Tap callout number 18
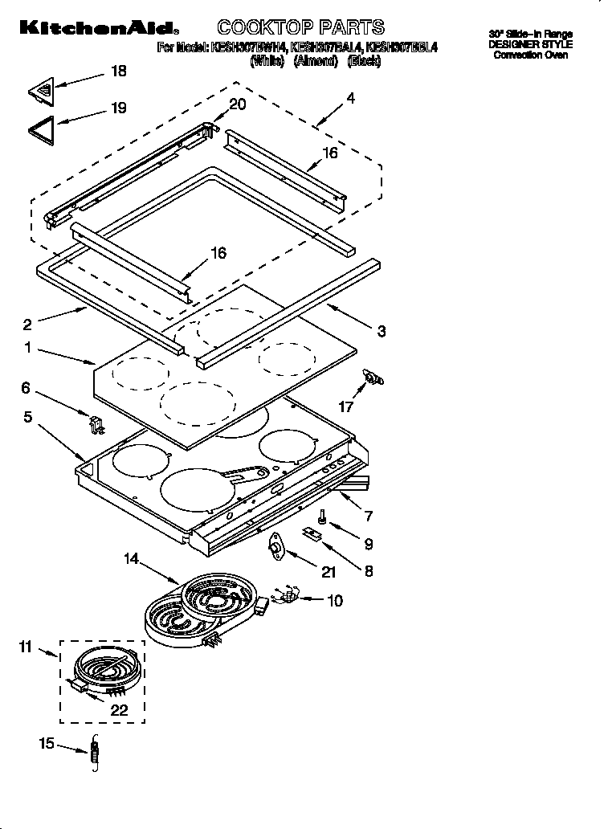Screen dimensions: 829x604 [118, 71]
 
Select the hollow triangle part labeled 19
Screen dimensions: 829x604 [40, 129]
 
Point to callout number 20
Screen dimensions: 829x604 [238, 104]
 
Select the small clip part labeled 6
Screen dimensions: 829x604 [94, 422]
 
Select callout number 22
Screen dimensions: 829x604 [120, 711]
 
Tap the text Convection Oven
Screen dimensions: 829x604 [530, 55]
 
